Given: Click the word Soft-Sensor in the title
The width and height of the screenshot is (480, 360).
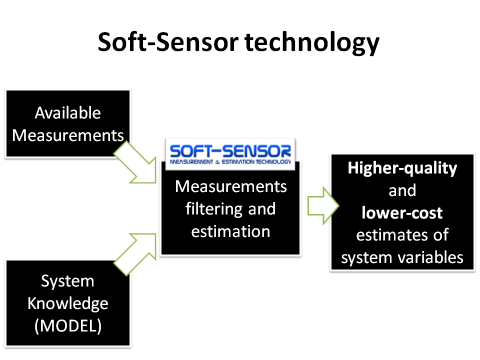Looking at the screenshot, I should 167,42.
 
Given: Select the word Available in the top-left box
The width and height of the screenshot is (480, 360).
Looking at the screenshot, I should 67,113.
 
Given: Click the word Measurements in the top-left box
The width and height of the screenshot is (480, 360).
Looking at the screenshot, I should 67,135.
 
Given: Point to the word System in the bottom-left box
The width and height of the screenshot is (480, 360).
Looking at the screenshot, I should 67,281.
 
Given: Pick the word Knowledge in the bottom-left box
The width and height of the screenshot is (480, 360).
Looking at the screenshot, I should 67,303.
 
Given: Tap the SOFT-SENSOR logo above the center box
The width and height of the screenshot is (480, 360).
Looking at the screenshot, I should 230,150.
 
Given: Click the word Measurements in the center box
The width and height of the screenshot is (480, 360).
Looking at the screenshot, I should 230,186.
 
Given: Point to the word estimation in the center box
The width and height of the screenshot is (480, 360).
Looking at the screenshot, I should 230,231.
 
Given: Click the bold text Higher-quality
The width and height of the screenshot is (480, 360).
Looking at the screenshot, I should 402,168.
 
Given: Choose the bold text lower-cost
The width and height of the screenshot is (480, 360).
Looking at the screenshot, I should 402,213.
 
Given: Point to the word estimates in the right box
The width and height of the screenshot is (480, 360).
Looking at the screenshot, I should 402,235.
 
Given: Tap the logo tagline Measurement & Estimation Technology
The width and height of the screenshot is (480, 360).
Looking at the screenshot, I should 230,162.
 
